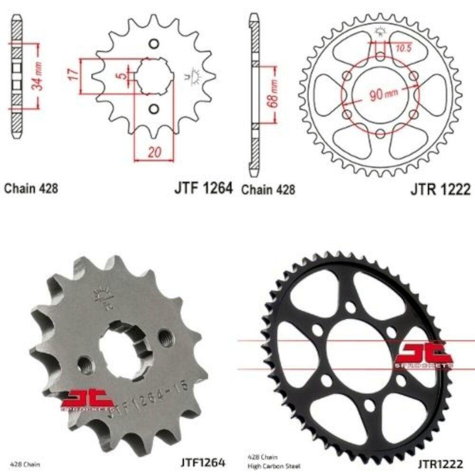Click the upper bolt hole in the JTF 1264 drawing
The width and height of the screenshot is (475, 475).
[153, 44]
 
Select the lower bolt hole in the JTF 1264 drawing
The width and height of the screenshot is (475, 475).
[153, 109]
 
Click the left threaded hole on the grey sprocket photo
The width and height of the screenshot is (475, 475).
[86, 364]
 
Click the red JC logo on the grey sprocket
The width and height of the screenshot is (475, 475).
[88, 398]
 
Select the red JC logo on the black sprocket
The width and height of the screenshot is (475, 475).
[424, 355]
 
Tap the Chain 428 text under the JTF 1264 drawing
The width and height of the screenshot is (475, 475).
[31, 189]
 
